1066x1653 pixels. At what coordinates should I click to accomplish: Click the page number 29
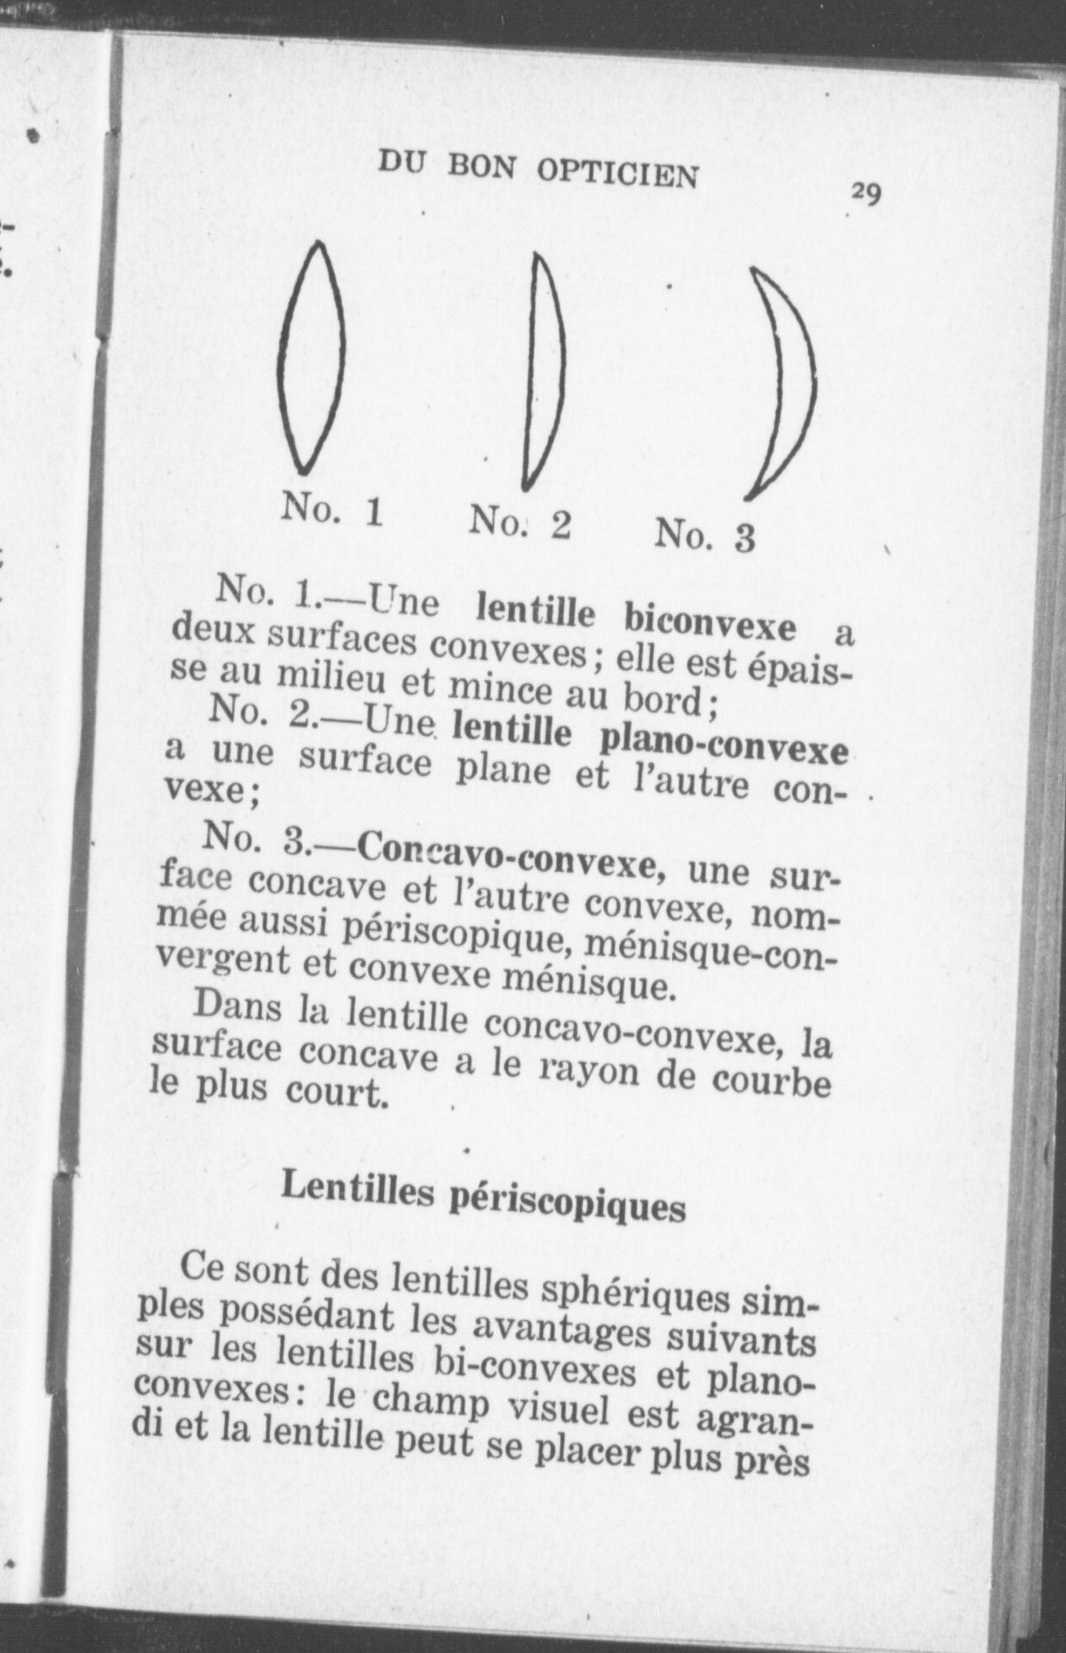[x=865, y=195]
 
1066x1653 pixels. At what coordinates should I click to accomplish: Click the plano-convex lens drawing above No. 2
[x=544, y=371]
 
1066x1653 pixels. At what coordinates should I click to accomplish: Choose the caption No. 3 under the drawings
[x=705, y=536]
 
